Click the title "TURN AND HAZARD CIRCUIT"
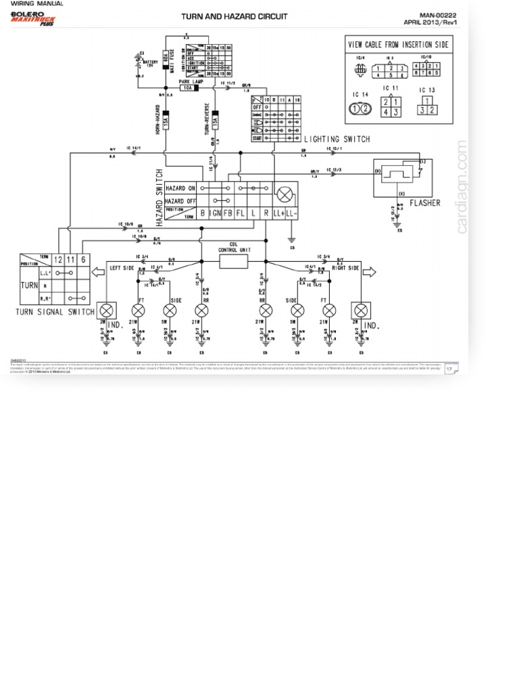(x=234, y=16)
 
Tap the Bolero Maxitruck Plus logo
(x=33, y=18)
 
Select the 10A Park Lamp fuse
(x=191, y=87)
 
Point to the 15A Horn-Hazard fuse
(x=165, y=120)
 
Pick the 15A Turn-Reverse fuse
(x=216, y=120)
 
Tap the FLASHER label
(x=425, y=203)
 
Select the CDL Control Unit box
(x=234, y=259)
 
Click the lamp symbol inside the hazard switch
(x=285, y=195)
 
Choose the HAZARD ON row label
(x=180, y=188)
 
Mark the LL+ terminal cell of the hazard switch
(x=278, y=214)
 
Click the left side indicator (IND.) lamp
(x=107, y=310)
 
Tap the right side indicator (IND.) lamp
(x=361, y=310)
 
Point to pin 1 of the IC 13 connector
(x=427, y=100)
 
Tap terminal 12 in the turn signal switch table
(x=57, y=260)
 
